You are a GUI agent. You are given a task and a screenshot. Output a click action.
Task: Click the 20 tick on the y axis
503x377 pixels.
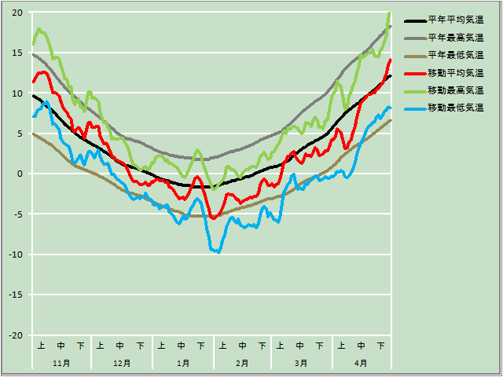pyautogui.click(x=17, y=13)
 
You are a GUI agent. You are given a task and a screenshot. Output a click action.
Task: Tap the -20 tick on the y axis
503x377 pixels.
pyautogui.click(x=15, y=335)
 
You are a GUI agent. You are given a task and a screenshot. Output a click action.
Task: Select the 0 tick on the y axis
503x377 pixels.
pyautogui.click(x=20, y=174)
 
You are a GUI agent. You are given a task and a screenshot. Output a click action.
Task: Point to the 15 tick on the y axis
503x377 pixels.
pyautogui.click(x=17, y=53)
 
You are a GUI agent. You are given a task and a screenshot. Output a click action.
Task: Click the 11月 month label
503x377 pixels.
pyautogui.click(x=61, y=364)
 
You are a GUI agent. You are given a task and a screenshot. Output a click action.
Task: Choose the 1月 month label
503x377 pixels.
pyautogui.click(x=182, y=364)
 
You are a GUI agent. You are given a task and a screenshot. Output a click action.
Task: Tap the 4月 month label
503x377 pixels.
pyautogui.click(x=361, y=364)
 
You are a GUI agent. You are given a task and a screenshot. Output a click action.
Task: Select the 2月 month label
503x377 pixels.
pyautogui.click(x=242, y=364)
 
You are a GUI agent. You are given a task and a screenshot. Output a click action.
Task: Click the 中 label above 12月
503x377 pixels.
pyautogui.click(x=120, y=346)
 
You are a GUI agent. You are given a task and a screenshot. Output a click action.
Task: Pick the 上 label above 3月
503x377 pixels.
pyautogui.click(x=280, y=346)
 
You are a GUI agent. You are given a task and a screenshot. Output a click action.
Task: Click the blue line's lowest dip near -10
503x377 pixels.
pyautogui.click(x=217, y=251)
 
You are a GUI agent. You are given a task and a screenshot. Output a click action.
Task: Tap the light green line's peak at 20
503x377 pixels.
pyautogui.click(x=389, y=13)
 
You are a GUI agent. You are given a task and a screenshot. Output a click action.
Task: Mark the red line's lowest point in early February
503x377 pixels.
pyautogui.click(x=213, y=218)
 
